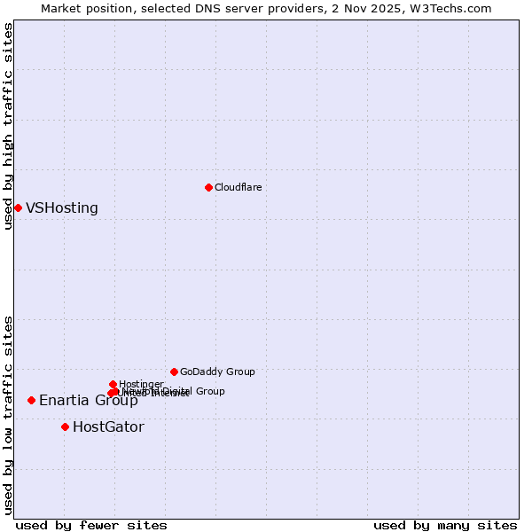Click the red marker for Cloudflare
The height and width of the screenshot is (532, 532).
pos(208,187)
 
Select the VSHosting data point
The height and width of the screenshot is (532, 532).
pos(18,207)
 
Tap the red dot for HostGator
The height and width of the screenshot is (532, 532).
pos(65,426)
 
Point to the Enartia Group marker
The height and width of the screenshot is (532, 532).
pos(31,400)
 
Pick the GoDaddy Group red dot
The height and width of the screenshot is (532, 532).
pos(174,372)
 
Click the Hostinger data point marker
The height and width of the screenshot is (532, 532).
pos(113,384)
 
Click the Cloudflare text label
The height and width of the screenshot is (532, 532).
pos(238,187)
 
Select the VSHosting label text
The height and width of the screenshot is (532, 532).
pos(62,208)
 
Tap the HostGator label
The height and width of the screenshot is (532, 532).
pos(108,427)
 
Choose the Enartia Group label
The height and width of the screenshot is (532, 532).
pos(88,401)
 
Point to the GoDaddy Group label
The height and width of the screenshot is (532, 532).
pos(217,372)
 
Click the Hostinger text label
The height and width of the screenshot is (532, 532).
pos(141,384)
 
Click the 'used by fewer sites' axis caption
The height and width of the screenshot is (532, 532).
pos(91,526)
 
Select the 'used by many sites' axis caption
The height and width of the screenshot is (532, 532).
pos(445,526)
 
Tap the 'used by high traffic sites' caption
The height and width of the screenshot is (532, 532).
pos(9,126)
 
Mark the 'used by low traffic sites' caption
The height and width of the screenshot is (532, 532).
pos(9,415)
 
